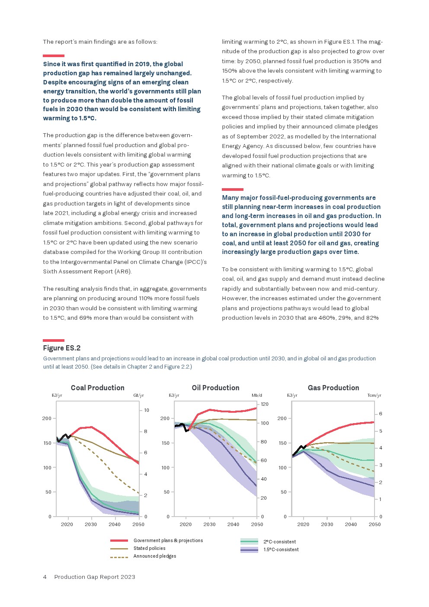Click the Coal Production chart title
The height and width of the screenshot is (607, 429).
tap(97, 388)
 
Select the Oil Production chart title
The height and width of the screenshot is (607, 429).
tap(215, 388)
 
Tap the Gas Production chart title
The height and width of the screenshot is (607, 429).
tap(333, 388)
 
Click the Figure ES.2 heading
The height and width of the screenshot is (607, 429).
tap(61, 348)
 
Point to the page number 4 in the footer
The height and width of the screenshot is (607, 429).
tap(45, 577)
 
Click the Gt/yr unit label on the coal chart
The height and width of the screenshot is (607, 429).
tap(138, 395)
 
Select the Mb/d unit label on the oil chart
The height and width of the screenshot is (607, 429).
tap(257, 395)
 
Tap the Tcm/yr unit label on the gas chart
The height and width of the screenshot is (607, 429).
tap(374, 395)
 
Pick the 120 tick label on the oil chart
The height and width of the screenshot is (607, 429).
tap(264, 404)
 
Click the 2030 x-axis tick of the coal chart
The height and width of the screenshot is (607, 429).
tap(91, 524)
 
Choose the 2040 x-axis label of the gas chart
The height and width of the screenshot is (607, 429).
tap(351, 524)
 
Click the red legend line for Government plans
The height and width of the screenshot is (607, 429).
tap(119, 540)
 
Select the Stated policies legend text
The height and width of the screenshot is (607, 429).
tap(149, 548)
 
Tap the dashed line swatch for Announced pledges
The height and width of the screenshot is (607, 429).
tap(119, 557)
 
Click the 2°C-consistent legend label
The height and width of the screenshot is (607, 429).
tap(279, 542)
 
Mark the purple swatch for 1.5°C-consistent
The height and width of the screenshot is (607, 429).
tap(249, 550)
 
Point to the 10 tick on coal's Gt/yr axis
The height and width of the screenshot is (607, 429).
tap(147, 410)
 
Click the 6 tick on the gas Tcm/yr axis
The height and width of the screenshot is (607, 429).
tap(381, 414)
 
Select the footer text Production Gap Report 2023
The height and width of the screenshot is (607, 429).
tap(95, 577)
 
